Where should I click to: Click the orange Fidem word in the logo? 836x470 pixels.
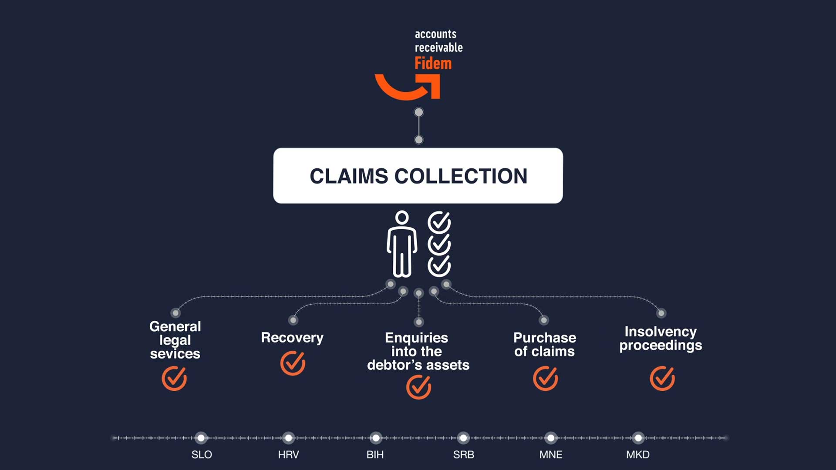click(x=433, y=64)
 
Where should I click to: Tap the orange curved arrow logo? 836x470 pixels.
click(x=407, y=87)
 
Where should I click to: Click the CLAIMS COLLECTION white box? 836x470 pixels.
click(x=418, y=176)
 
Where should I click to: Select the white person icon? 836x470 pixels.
click(x=401, y=245)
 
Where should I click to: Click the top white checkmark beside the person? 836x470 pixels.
click(x=439, y=222)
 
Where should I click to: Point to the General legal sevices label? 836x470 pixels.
click(x=175, y=340)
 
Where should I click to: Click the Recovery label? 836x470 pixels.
click(x=292, y=338)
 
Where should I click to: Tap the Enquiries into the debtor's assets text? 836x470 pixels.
click(x=418, y=351)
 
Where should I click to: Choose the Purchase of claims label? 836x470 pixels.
click(x=544, y=344)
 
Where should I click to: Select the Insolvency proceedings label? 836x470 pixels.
click(x=661, y=338)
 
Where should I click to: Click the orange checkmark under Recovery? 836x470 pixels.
click(x=293, y=363)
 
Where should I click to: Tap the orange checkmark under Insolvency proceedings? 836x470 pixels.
click(x=662, y=378)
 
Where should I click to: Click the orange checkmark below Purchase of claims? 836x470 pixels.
click(x=545, y=378)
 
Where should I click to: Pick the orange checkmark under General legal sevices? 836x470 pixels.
click(x=174, y=378)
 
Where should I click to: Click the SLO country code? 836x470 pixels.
click(x=202, y=455)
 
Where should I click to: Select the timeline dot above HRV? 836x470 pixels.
click(x=289, y=438)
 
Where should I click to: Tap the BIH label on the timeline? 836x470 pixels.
click(x=375, y=455)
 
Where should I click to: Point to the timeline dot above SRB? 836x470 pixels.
click(x=463, y=438)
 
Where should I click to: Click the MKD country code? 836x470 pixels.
click(x=637, y=455)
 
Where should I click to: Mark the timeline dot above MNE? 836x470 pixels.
click(x=551, y=438)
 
